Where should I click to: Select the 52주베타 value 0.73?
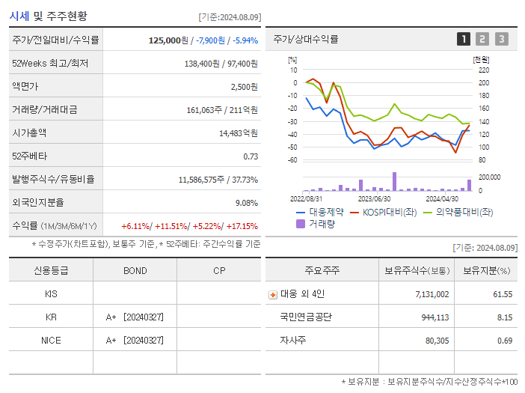coord(251,156)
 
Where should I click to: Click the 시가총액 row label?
coord(29,133)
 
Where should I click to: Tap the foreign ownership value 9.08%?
coord(246,203)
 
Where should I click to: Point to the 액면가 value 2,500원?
coord(244,87)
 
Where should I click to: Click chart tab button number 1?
coord(464,39)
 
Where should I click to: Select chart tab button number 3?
coord(501,39)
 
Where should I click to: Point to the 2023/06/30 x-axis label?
coord(374,198)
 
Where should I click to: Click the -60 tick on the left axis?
coord(293,160)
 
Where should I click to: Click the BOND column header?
coord(135,271)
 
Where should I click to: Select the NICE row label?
coord(51,341)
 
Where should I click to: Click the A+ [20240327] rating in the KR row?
coord(135,317)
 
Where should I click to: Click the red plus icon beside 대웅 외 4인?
coord(272,295)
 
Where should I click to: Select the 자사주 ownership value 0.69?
coord(503,341)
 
